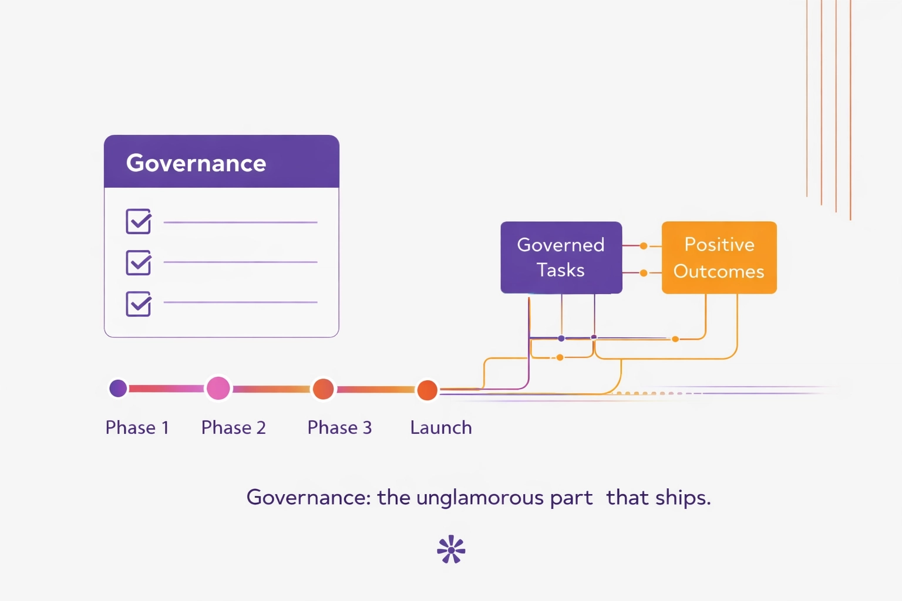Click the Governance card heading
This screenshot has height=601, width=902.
[196, 163]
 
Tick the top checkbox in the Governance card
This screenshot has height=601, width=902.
[139, 221]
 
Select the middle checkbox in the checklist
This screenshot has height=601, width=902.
[139, 262]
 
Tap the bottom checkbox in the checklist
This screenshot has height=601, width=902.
[139, 303]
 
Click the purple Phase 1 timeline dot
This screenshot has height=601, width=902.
[118, 388]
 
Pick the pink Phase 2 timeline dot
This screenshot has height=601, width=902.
[218, 388]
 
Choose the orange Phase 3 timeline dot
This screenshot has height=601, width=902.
[323, 389]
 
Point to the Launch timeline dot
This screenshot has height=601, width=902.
[427, 390]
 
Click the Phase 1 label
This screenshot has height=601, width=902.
[137, 427]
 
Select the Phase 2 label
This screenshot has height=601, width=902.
[233, 427]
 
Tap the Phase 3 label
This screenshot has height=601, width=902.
[339, 427]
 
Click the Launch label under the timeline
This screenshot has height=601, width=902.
[440, 427]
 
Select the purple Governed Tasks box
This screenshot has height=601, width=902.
[561, 257]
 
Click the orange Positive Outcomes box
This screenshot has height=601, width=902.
[719, 257]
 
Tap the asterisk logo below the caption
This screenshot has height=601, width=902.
[451, 549]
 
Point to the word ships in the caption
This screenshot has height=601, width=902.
[682, 498]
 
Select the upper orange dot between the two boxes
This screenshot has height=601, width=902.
[644, 246]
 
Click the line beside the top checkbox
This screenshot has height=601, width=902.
[240, 222]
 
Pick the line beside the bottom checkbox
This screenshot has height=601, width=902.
[240, 302]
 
